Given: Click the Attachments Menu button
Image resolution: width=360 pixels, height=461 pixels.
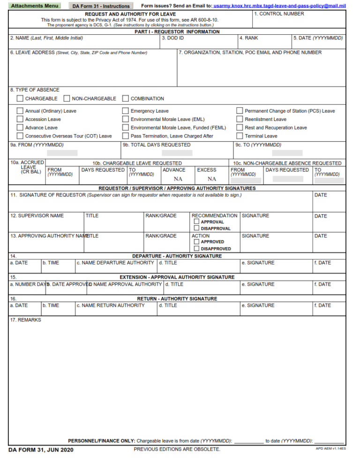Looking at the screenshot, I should tap(35, 6).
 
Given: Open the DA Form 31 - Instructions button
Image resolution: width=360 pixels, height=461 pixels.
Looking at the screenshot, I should tap(101, 6).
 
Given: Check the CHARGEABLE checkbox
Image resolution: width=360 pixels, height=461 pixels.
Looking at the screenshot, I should tap(20, 98).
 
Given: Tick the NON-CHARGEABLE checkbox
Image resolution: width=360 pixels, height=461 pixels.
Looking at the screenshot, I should tap(67, 98).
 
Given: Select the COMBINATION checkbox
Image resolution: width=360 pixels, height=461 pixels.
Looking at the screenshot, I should tap(126, 98).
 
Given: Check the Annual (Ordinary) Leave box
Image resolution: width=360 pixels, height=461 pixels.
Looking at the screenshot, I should tap(20, 111).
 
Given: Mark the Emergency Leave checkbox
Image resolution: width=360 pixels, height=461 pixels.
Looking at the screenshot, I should tap(126, 111).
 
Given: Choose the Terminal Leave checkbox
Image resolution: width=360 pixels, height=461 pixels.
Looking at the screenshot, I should tap(240, 136).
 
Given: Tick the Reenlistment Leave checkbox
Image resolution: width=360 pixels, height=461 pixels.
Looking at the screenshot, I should tap(240, 119).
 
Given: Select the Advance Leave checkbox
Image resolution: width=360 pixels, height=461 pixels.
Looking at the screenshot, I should tap(20, 128).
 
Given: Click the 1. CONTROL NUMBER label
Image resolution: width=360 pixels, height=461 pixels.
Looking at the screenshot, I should tap(279, 14).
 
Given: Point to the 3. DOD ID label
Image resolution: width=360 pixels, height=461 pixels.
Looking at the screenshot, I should tap(172, 38).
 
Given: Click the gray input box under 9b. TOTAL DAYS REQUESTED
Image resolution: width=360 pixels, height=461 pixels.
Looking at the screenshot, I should tap(177, 153).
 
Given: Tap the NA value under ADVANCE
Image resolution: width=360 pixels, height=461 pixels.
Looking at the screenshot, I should tap(178, 179).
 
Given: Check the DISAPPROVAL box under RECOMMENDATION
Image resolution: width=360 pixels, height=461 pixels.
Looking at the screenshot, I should tap(197, 228).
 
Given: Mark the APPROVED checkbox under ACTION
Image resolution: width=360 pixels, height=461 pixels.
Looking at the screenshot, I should tap(197, 242).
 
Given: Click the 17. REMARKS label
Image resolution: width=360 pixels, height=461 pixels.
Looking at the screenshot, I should tap(25, 320).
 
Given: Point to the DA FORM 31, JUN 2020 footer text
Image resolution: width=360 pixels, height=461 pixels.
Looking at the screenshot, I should tap(41, 450).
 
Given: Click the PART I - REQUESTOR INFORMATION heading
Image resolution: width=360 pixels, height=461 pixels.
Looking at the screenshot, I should tap(177, 32).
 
